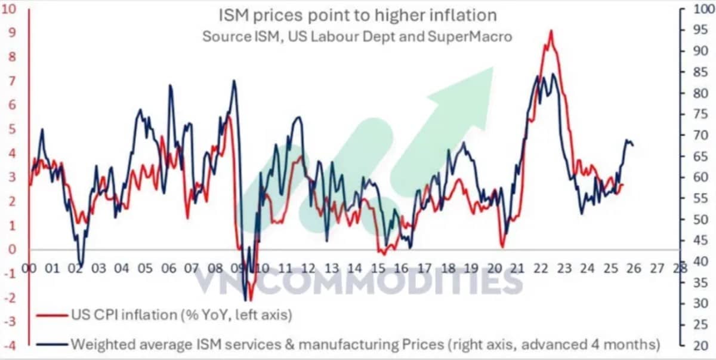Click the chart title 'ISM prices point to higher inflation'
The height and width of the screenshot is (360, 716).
(357, 16)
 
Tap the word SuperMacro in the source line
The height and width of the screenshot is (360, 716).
(470, 37)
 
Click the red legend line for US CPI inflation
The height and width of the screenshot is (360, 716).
(52, 316)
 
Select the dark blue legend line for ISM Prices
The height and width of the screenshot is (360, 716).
(52, 344)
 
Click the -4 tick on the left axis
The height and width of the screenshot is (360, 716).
(10, 346)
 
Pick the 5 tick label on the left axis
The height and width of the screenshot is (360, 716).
(12, 130)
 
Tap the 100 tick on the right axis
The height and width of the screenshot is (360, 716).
(703, 9)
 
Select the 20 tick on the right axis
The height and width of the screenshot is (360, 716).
(700, 346)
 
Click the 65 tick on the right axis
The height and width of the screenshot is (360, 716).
(700, 156)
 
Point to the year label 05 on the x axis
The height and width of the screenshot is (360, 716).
(145, 268)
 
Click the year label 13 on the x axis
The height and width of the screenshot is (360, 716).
(332, 268)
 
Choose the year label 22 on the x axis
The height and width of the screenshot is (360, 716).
(541, 268)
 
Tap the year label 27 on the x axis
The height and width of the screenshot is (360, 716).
(657, 268)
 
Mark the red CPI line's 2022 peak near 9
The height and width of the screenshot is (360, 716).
(551, 31)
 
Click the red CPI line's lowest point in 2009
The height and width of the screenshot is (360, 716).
(250, 300)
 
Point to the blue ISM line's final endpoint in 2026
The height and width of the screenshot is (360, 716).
(634, 146)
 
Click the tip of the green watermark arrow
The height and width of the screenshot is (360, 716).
(493, 67)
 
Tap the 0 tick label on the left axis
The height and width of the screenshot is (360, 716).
(12, 250)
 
